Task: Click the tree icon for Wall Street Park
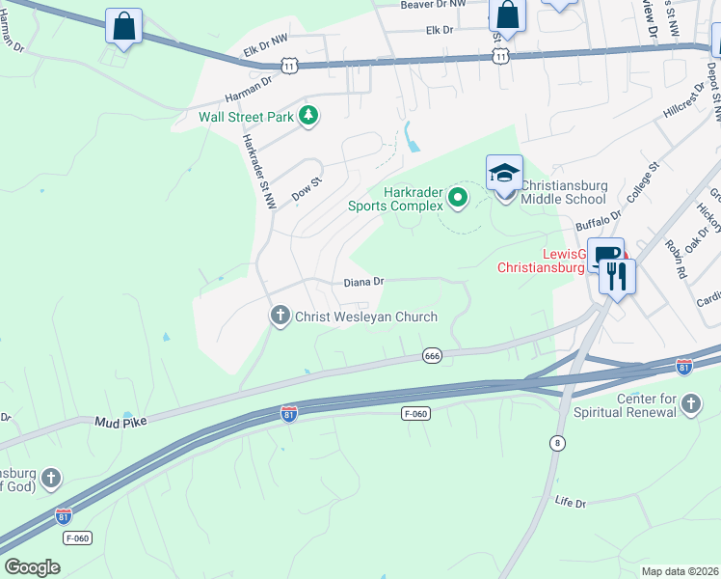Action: tap(307, 117)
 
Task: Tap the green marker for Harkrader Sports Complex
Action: tap(458, 199)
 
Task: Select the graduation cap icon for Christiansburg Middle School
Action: tap(504, 174)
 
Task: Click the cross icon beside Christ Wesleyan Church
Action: tap(280, 316)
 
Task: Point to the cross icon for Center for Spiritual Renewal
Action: tap(690, 403)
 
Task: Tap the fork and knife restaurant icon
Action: tap(617, 276)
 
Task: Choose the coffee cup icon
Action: tap(604, 256)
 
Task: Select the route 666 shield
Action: tap(432, 357)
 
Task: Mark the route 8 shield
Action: tap(556, 443)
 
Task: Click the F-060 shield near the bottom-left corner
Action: tap(77, 538)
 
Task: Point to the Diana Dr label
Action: tap(364, 282)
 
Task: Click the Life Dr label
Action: tap(571, 503)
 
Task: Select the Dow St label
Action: tap(306, 186)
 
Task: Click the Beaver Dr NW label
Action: tap(435, 5)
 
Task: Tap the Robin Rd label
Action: tap(674, 259)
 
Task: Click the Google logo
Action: tap(32, 566)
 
